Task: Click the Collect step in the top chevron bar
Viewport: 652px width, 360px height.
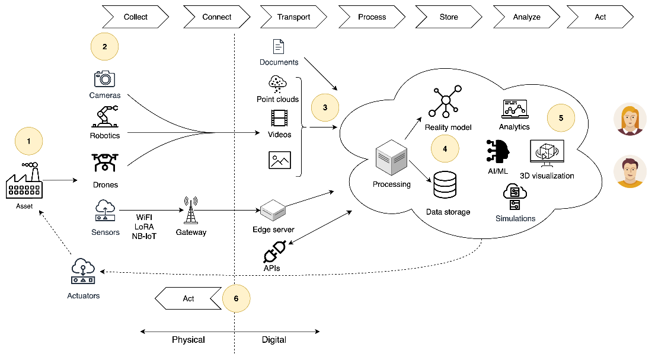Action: click(x=135, y=17)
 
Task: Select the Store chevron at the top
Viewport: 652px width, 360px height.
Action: click(x=449, y=17)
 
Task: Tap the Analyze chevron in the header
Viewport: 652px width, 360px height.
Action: click(x=526, y=17)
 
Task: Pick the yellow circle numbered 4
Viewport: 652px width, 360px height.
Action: click(x=445, y=149)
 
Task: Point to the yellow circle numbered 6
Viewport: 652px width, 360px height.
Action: click(x=236, y=298)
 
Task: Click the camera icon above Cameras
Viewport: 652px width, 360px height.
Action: click(x=105, y=79)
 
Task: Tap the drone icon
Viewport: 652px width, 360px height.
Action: click(x=105, y=163)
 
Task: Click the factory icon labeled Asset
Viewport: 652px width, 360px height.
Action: click(x=24, y=181)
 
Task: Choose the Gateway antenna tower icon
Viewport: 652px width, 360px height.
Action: click(x=191, y=211)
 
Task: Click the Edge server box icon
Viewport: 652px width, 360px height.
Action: click(x=273, y=209)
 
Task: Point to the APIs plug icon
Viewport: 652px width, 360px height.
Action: click(x=274, y=251)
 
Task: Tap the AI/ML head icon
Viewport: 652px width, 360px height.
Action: click(x=497, y=152)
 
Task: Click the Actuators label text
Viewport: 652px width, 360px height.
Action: click(x=84, y=295)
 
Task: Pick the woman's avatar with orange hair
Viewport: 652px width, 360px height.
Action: click(x=629, y=120)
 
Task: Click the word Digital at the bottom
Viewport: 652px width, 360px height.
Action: click(x=274, y=340)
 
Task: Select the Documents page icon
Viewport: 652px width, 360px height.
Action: click(x=278, y=47)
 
